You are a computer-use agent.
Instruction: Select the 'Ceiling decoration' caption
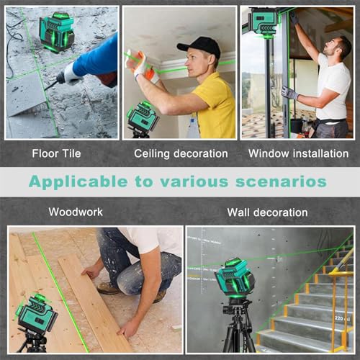[181, 153]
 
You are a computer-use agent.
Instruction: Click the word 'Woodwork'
[76, 212]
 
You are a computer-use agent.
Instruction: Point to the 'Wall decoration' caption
[267, 212]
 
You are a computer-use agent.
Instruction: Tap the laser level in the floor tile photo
[56, 30]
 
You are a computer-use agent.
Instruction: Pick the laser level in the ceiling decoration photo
[143, 117]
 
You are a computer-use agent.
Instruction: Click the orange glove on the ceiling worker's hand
[143, 66]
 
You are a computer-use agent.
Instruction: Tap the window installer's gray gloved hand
[289, 93]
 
